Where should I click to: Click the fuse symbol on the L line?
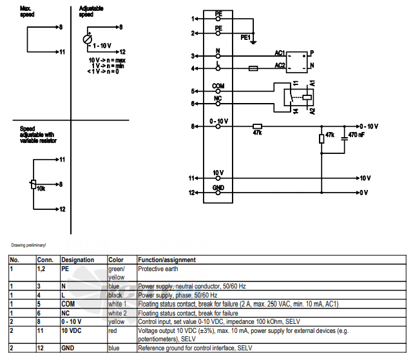pos(253,68)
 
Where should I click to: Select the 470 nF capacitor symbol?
pos(344,139)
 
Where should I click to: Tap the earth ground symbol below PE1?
pos(253,42)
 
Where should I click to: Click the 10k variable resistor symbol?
pos(34,184)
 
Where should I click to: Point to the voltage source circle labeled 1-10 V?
pos(88,39)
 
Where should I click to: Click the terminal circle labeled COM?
pos(218,91)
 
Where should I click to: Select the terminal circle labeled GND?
pos(218,193)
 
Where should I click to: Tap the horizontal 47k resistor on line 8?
pos(257,126)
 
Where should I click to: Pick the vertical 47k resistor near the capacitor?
pos(322,138)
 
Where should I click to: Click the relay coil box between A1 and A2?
pos(307,97)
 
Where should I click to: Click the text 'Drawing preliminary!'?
pos(28,245)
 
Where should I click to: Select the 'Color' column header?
pos(116,260)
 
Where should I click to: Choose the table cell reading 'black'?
pos(115,295)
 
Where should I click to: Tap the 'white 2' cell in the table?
pos(117,313)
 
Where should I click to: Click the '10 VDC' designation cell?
pos(72,331)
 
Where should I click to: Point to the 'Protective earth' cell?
pos(158,269)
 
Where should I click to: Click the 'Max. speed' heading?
pos(27,12)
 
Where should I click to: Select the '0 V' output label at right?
pos(364,193)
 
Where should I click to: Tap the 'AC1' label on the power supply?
pos(280,53)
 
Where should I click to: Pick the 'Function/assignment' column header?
pos(167,260)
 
